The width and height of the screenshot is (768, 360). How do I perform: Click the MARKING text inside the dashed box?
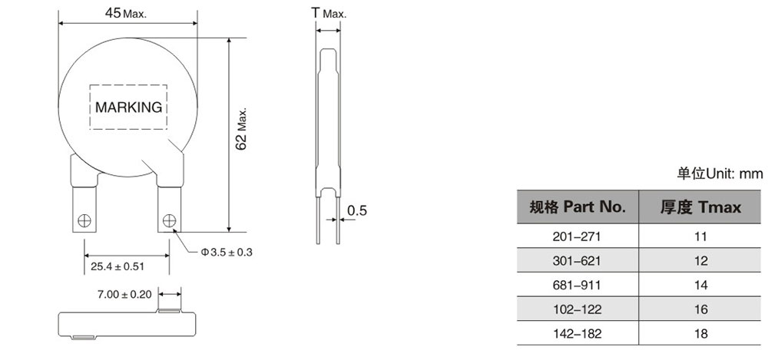pos(128,107)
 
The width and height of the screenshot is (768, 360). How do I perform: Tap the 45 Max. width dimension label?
pos(125,13)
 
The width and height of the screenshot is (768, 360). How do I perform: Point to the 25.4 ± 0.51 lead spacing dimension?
pos(119,266)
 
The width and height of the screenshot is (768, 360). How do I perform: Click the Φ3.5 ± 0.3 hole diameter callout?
pos(227,253)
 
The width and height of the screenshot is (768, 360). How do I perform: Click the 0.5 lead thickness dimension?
pos(356,210)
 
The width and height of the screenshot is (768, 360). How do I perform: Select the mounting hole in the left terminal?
pos(84,221)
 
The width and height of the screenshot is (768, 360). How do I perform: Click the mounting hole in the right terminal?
pos(170,221)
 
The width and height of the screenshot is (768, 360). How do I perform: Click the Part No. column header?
pos(578,207)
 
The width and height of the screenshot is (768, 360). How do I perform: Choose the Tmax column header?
pos(700,207)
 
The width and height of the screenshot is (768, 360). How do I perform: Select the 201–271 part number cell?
pos(577,236)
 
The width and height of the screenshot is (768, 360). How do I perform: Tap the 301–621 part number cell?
pos(577,261)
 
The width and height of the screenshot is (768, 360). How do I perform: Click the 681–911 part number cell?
pos(577,285)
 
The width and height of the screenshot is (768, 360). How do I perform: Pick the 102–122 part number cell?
pos(577,309)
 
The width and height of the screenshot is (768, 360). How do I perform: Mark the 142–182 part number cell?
pos(577,334)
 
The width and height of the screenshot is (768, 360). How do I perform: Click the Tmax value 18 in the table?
pos(700,334)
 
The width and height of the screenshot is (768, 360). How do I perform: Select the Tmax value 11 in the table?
pos(700,236)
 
